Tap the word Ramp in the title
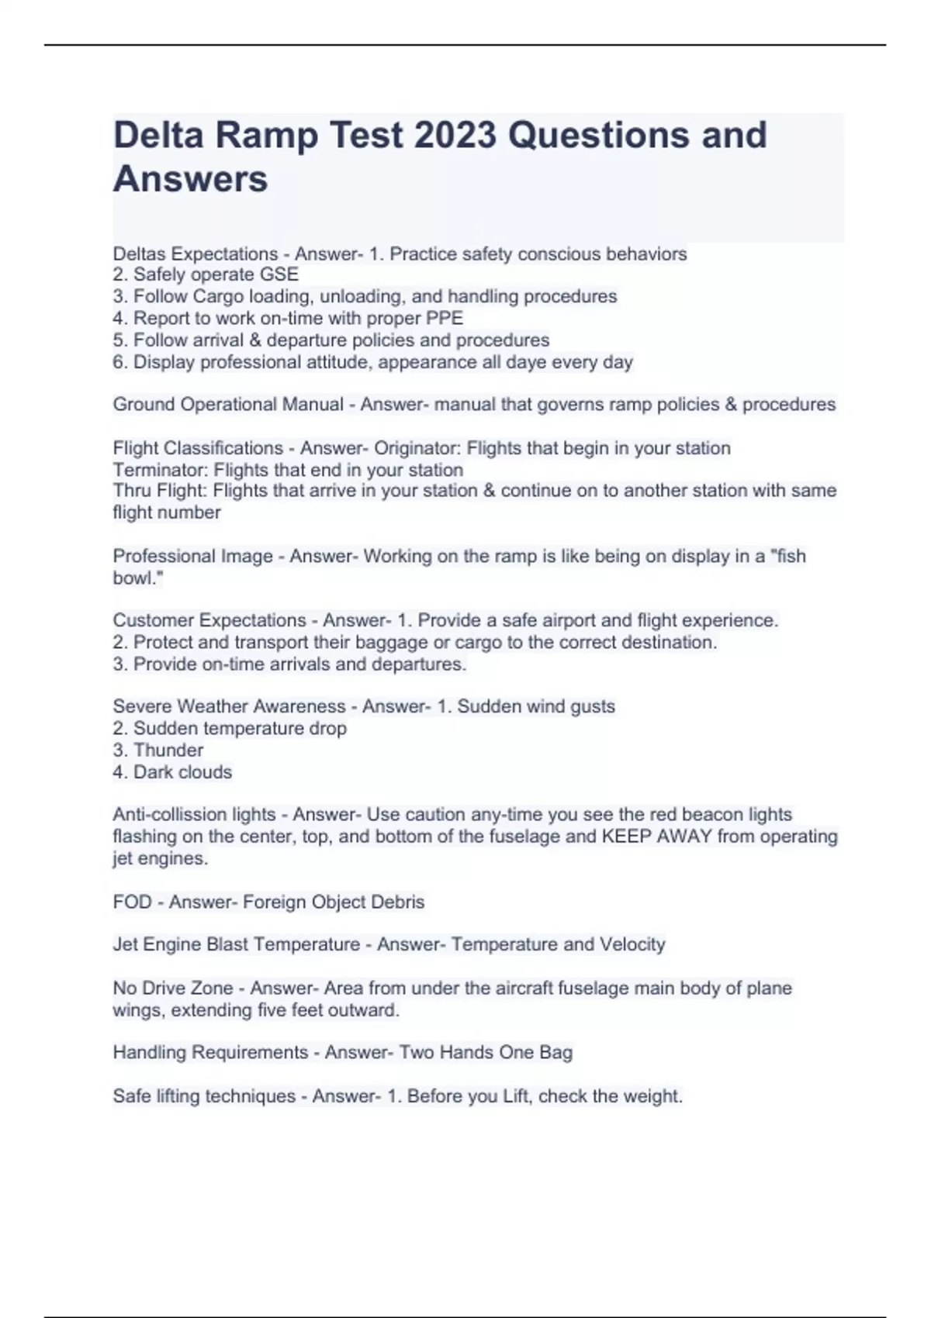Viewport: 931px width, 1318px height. pyautogui.click(x=266, y=135)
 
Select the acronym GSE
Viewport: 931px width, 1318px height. pyautogui.click(x=279, y=274)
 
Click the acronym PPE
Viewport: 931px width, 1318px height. pyautogui.click(x=445, y=318)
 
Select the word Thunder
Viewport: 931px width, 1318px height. pyautogui.click(x=168, y=750)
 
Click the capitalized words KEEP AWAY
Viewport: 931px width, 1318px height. pyautogui.click(x=656, y=837)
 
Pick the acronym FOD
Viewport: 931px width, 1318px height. pyautogui.click(x=132, y=902)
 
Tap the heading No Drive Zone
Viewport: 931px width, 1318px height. pyautogui.click(x=172, y=988)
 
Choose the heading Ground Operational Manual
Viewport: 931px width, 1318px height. pyautogui.click(x=228, y=405)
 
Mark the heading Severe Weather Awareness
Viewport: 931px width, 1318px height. pyautogui.click(x=229, y=706)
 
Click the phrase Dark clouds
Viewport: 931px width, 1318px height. pyautogui.click(x=182, y=772)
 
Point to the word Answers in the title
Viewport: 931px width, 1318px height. pyautogui.click(x=190, y=179)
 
